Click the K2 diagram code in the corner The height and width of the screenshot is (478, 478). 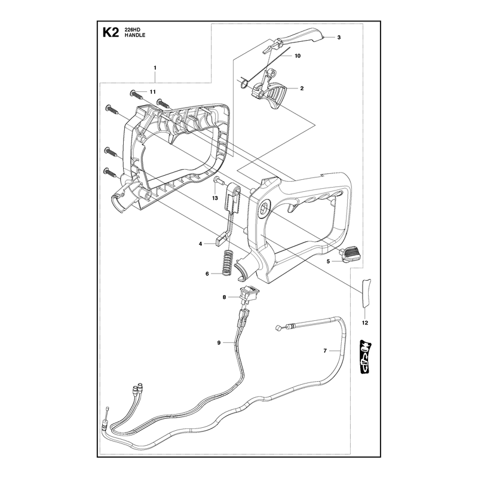click(111, 32)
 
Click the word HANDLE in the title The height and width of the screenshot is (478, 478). click(135, 35)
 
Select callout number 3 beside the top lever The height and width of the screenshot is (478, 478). click(339, 38)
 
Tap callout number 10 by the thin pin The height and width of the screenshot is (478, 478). click(298, 56)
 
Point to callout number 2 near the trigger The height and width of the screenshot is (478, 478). click(302, 88)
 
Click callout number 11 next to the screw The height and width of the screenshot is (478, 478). click(152, 92)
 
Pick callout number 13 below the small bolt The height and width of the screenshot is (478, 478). click(215, 198)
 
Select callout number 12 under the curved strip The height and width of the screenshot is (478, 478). click(365, 323)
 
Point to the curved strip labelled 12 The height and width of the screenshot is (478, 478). click(366, 293)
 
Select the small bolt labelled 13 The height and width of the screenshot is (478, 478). click(219, 181)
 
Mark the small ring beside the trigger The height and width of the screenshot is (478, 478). click(244, 84)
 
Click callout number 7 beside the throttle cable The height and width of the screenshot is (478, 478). click(325, 351)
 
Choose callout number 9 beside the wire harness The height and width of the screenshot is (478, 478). click(219, 342)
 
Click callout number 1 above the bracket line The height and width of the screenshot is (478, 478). click(155, 68)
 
